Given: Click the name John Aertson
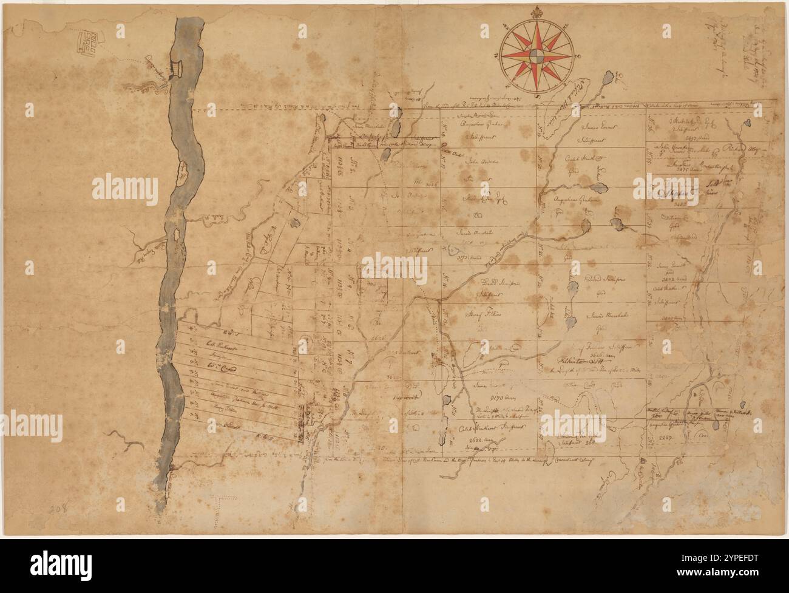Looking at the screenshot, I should [477, 162].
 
